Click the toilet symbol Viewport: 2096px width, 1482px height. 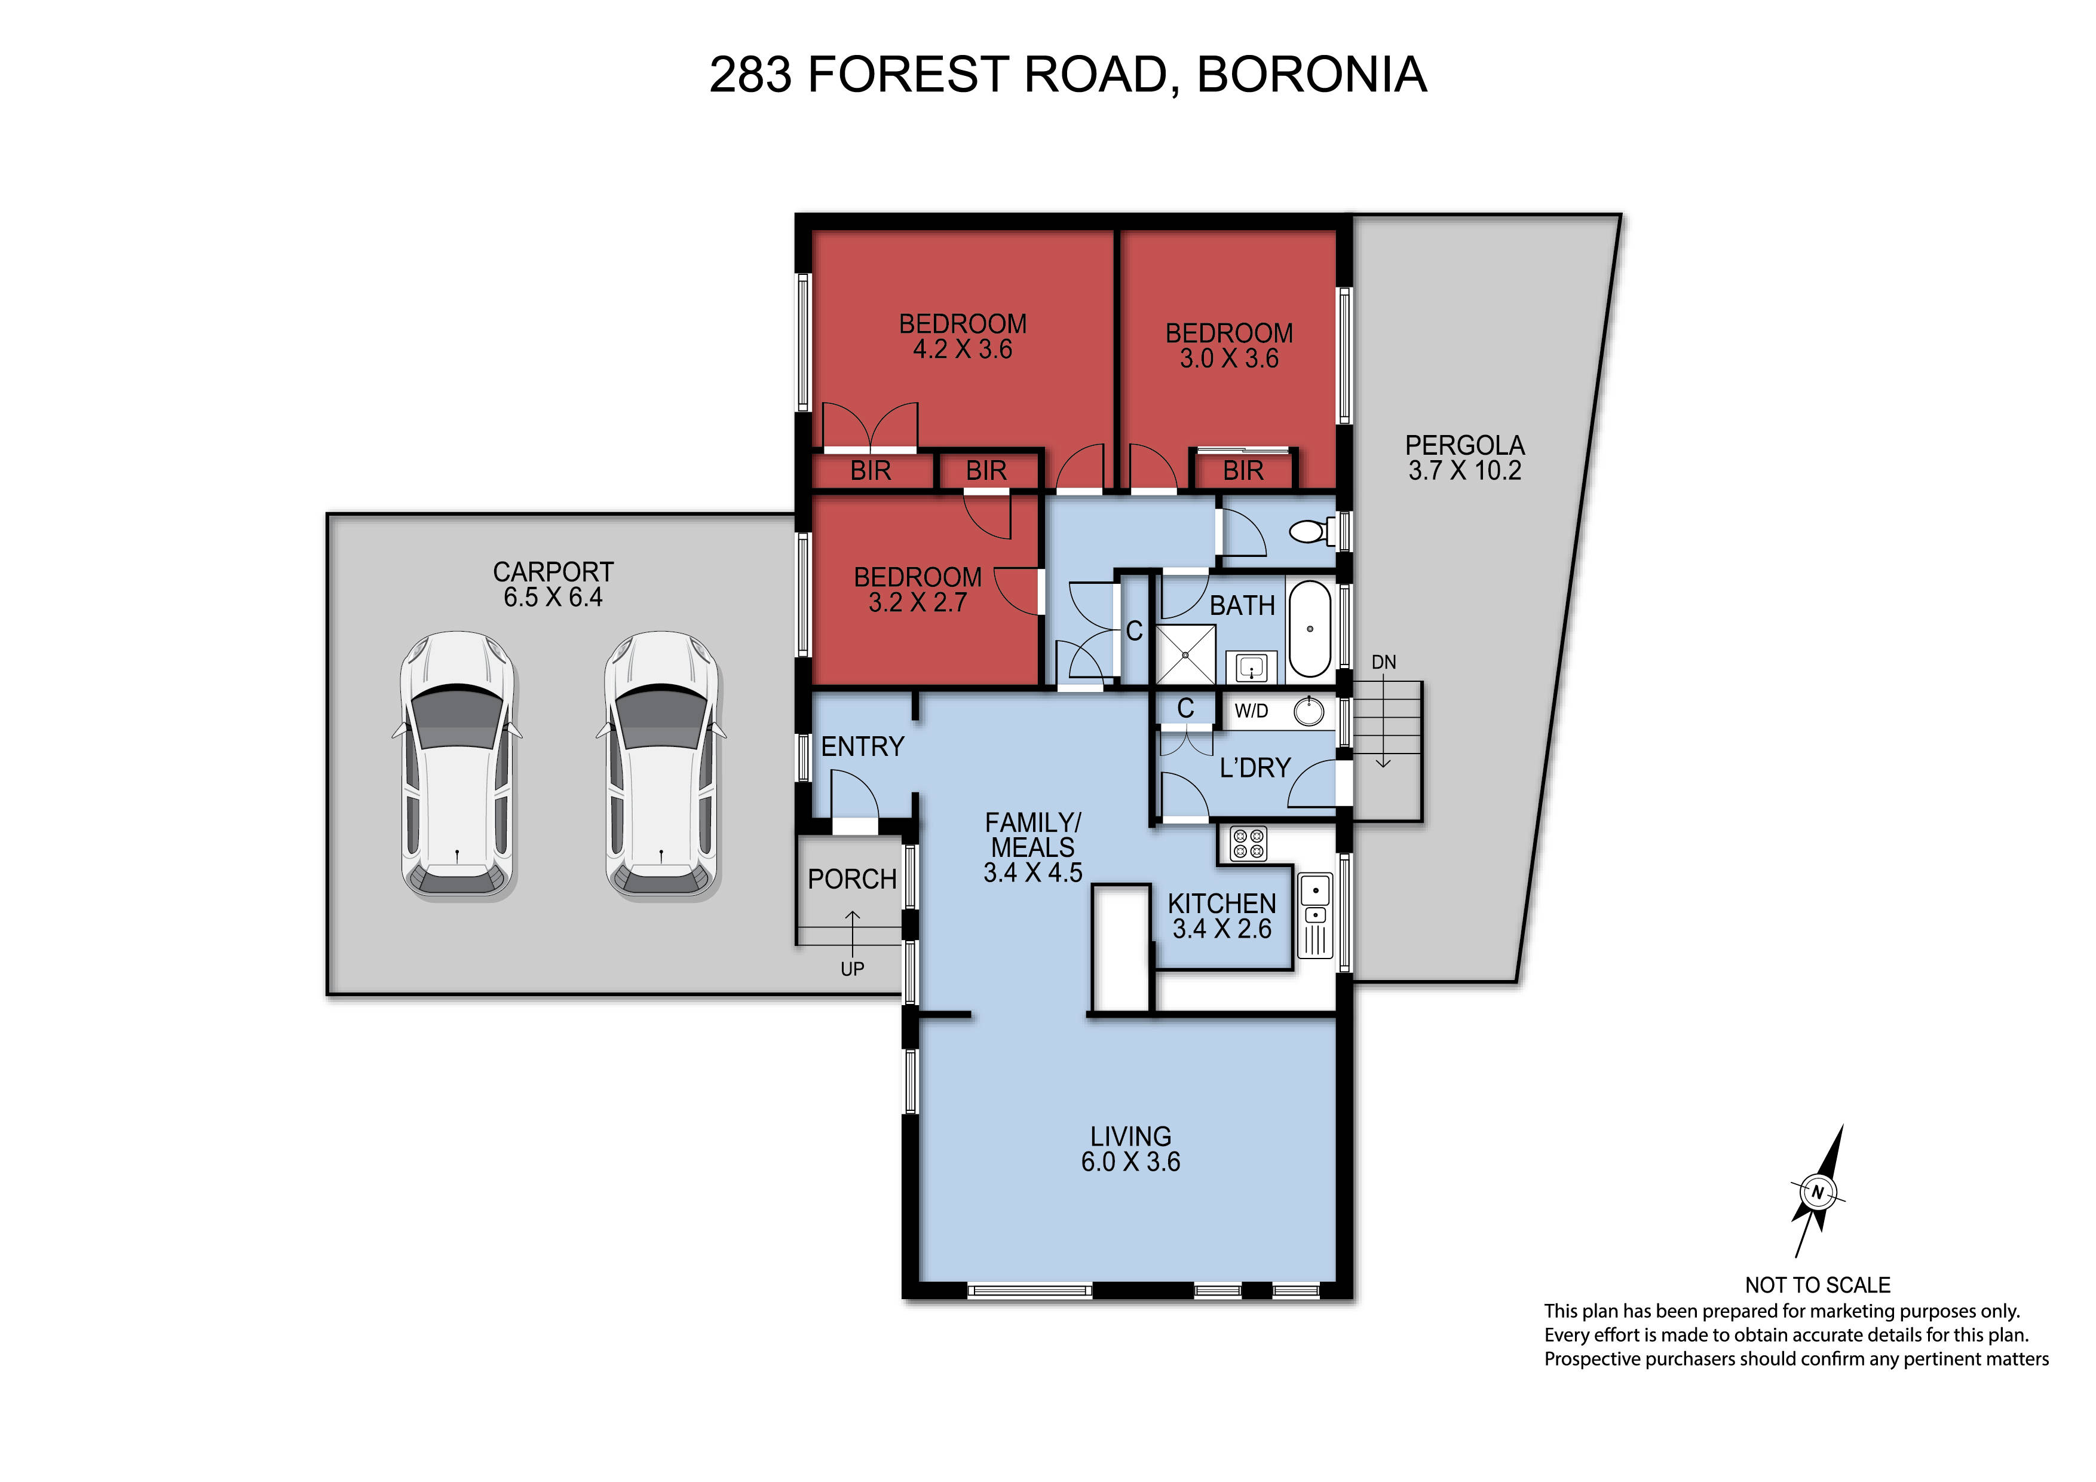point(1314,531)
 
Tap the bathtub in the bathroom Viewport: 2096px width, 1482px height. point(1310,628)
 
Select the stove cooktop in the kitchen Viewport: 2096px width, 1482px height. point(1248,844)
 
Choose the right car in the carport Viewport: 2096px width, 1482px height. point(662,764)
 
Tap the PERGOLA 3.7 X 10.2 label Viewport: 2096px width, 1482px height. point(1464,458)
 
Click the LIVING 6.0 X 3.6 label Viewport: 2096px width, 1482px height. point(1130,1149)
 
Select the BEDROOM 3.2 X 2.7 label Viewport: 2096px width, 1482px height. point(918,590)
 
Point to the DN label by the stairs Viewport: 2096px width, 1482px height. point(1384,662)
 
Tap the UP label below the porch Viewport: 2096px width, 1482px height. point(853,968)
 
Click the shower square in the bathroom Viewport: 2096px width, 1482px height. point(1186,655)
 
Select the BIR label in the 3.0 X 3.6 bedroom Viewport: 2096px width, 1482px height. point(1243,471)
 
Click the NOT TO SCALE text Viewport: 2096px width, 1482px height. point(1818,1285)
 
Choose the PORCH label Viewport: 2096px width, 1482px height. point(853,879)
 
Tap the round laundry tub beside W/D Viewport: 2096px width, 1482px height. point(1309,711)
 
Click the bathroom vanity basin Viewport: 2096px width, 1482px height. point(1251,667)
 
